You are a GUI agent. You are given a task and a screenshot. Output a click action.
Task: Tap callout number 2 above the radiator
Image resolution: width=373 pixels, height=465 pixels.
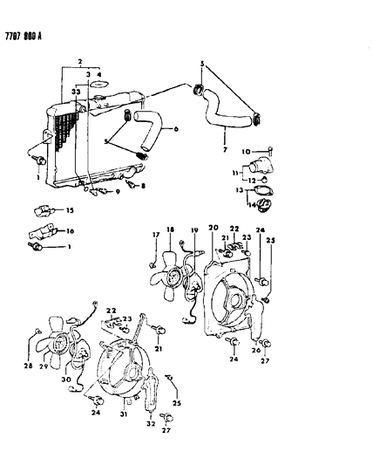(79, 63)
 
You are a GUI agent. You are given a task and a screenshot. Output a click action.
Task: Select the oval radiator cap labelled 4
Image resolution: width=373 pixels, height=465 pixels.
(98, 86)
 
